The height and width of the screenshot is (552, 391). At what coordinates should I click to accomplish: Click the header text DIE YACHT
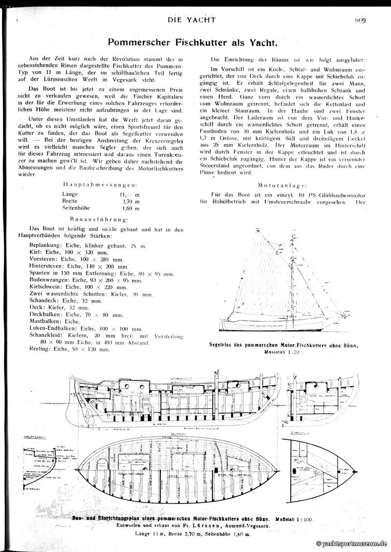(191, 20)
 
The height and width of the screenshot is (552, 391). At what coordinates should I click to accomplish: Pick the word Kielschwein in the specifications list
(46, 287)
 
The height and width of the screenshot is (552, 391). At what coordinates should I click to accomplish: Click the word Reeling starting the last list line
(40, 350)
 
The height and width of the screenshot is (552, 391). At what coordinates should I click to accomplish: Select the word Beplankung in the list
(47, 245)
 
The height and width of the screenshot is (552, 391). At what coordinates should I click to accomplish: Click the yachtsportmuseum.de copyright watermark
(352, 544)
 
